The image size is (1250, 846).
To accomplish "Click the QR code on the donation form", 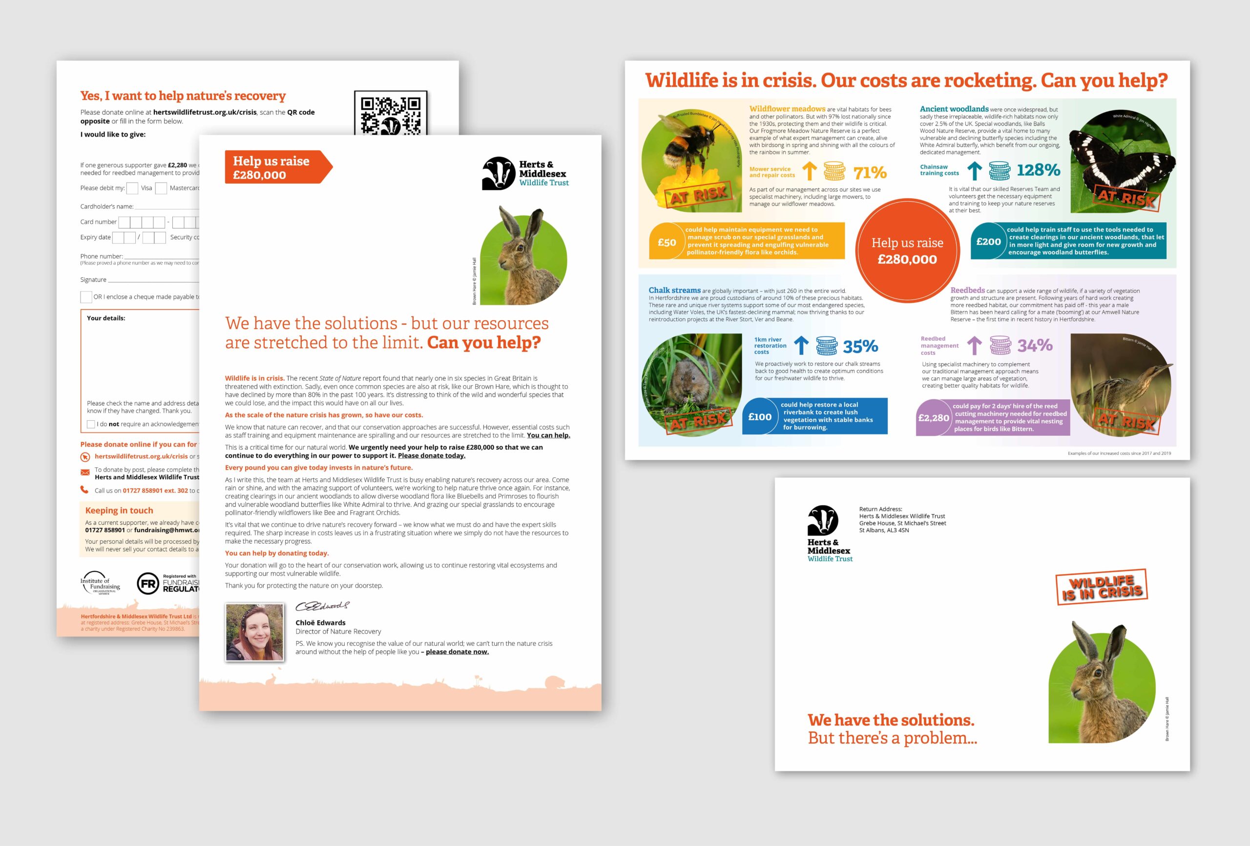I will (390, 113).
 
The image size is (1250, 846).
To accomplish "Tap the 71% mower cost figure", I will (870, 173).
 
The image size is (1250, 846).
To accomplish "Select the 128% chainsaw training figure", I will (1038, 170).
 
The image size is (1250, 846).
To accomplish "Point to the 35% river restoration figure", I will (860, 347).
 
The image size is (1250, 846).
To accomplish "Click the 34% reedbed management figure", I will (1034, 345).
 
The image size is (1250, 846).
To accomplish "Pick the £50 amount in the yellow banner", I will (667, 243).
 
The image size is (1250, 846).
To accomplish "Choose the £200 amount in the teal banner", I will (988, 242).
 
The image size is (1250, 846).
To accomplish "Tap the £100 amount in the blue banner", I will (759, 417).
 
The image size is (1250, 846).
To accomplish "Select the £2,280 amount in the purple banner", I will (933, 418).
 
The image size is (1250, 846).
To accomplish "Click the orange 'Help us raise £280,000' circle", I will (907, 250).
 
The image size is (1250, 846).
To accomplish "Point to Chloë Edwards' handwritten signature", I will (322, 606).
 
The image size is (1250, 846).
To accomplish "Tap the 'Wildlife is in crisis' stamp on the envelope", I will (1102, 587).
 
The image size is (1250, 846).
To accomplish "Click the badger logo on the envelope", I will (822, 520).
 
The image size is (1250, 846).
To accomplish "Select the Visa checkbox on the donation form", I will (132, 188).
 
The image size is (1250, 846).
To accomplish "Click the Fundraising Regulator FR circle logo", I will (148, 583).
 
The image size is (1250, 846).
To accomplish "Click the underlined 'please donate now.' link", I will (457, 652).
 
